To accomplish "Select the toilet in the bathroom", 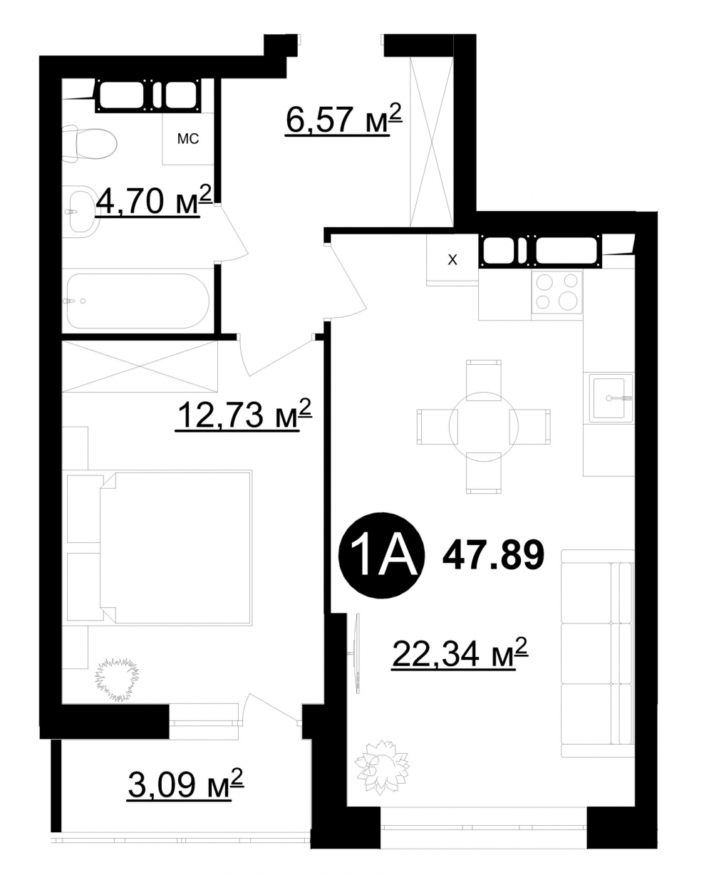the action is tap(90, 143).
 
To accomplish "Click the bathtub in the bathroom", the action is tap(138, 301).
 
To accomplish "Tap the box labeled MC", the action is tap(188, 139).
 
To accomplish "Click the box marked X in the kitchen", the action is tap(452, 259).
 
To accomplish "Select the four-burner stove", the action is tap(557, 291).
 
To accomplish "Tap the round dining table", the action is tap(484, 427).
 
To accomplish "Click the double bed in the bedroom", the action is tap(176, 548).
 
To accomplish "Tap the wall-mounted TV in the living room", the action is tap(357, 653).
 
